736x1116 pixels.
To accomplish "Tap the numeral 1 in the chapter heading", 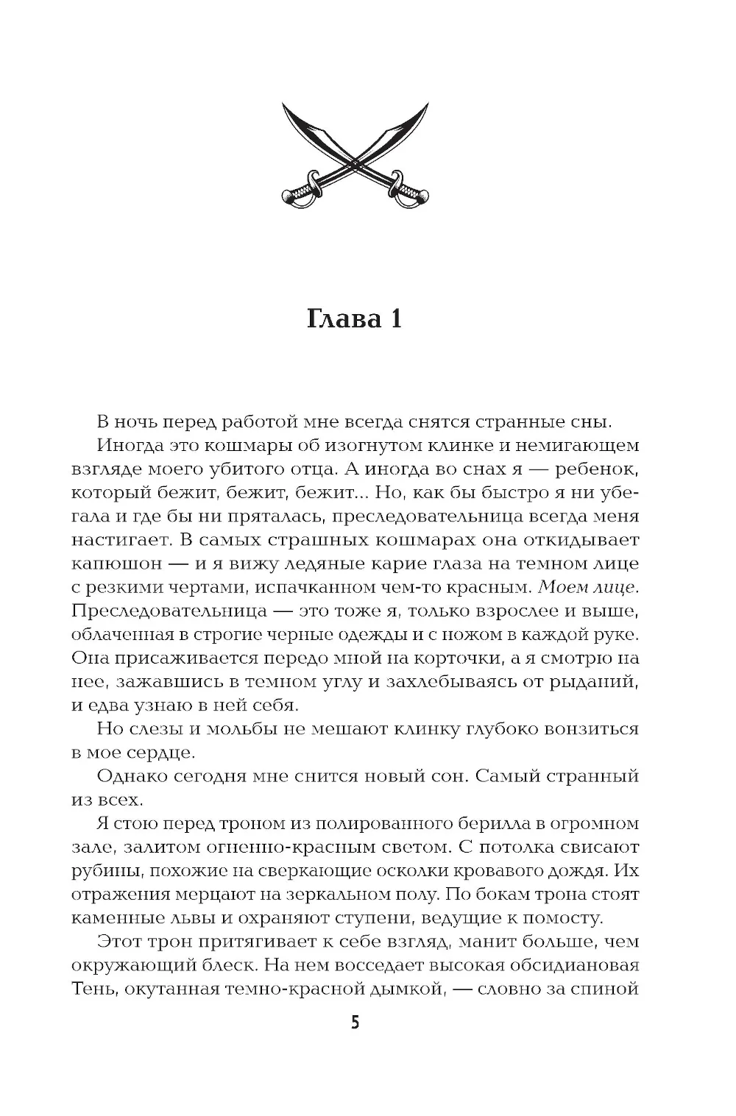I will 394,321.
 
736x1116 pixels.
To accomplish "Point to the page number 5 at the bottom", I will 355,1023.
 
